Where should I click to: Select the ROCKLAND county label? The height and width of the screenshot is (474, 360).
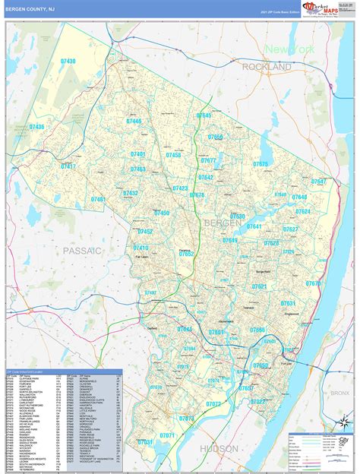pos(267,68)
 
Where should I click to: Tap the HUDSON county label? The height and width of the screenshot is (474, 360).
pos(221,449)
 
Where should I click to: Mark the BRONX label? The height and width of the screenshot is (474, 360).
pos(339,393)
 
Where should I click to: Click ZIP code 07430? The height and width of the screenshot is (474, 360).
pos(68,61)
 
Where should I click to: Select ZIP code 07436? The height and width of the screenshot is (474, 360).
pos(34,127)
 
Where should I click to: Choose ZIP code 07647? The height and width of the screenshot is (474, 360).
pos(318,182)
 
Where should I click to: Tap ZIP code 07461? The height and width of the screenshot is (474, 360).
pos(99,200)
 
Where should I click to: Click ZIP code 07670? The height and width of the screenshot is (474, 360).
pos(313,283)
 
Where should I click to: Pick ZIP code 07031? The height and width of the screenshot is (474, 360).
pos(144,441)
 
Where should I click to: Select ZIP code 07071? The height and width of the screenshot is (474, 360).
pos(167,435)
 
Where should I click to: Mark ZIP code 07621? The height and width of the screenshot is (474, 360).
pos(260,286)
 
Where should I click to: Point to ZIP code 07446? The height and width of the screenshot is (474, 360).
pos(134,121)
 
